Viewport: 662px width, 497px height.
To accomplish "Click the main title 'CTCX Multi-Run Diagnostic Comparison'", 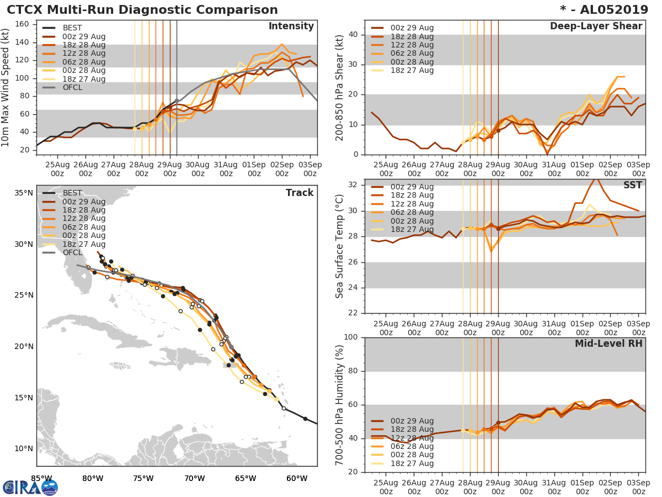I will [x=142, y=10].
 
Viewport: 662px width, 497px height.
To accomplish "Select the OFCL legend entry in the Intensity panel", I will [x=72, y=87].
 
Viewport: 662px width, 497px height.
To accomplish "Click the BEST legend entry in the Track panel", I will [x=72, y=193].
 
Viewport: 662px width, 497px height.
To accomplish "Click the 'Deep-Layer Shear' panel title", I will [x=596, y=27].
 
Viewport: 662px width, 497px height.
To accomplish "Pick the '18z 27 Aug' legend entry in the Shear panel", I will [x=412, y=70].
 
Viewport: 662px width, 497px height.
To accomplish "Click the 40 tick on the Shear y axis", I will [x=354, y=35].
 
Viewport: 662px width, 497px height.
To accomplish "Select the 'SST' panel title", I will [x=632, y=185].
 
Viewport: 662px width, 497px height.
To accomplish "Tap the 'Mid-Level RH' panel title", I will [x=608, y=343].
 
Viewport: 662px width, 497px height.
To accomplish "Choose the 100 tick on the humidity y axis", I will [x=351, y=337].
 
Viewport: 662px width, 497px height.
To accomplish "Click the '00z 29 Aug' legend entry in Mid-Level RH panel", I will [x=412, y=421].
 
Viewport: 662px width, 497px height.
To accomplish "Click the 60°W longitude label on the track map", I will [x=297, y=478].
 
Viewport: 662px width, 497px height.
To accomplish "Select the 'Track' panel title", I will [x=299, y=193].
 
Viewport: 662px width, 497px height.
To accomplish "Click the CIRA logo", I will [x=30, y=487].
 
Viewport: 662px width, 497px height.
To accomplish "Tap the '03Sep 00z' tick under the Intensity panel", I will [x=310, y=169].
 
